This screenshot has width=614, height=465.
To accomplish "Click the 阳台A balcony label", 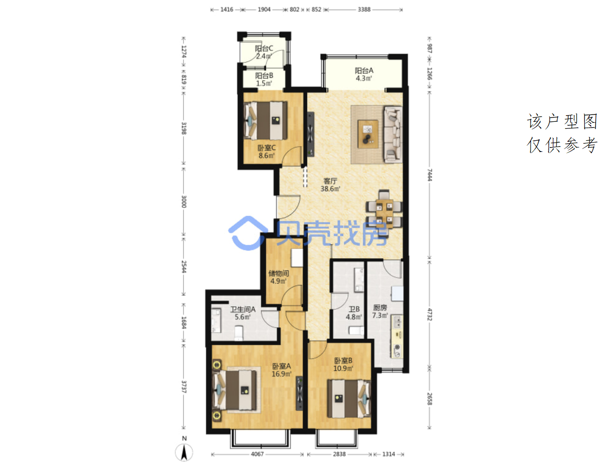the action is pos(364,74).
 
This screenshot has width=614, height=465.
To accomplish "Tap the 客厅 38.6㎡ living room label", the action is pos(330,184).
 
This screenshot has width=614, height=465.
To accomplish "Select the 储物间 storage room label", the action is pos(278,277).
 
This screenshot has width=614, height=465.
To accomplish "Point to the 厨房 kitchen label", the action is pos(380,311).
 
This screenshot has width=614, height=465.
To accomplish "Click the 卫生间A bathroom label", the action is pos(243,313).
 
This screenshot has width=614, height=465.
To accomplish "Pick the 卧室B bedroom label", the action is pos(343,365).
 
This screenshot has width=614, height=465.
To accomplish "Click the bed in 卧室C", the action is pos(266,120).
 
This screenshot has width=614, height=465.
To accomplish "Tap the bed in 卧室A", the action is pos(234,390).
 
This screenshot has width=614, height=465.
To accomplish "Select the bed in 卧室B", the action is pos(349,399).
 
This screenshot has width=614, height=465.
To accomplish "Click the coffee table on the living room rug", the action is pos(367,134).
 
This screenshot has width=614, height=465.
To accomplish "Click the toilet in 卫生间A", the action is pos(238,333).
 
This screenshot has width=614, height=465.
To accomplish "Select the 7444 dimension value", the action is pos(430,175).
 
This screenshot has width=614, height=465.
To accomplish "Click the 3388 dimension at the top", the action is pos(364,10).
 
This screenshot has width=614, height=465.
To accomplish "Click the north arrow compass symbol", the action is pos(184,452).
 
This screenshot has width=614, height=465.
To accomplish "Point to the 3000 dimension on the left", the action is pos(183,201).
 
